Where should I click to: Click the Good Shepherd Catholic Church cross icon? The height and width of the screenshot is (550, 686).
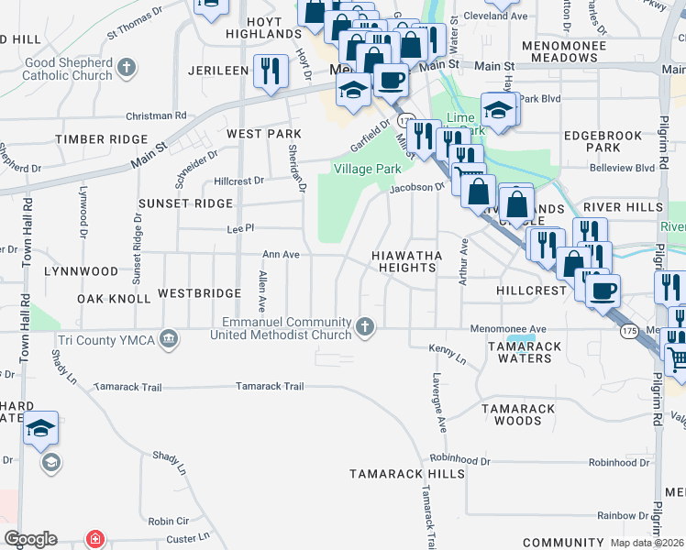tap(127, 68)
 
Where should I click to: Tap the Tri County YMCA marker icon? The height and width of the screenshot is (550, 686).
tap(168, 340)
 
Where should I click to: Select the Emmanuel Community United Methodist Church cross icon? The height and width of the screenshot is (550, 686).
tap(365, 327)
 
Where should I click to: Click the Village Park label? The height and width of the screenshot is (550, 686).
tap(368, 170)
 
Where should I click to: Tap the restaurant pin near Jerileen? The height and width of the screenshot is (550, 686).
tap(270, 71)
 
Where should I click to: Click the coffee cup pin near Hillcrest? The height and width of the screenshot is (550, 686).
tap(603, 291)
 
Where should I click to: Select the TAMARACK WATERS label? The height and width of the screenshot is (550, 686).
tap(519, 351)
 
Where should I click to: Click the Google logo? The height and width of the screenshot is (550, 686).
tap(30, 539)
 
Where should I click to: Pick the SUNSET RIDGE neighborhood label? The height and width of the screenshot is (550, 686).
tap(186, 203)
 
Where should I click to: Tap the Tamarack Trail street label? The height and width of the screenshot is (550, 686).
tap(270, 386)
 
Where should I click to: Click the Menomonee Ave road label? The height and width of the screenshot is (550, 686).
tap(508, 328)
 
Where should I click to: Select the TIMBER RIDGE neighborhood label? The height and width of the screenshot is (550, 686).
tap(101, 138)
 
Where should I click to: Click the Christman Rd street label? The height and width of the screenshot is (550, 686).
tap(157, 115)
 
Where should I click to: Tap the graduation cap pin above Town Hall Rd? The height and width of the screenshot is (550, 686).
tap(41, 428)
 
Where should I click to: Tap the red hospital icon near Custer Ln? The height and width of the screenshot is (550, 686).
tap(93, 539)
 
